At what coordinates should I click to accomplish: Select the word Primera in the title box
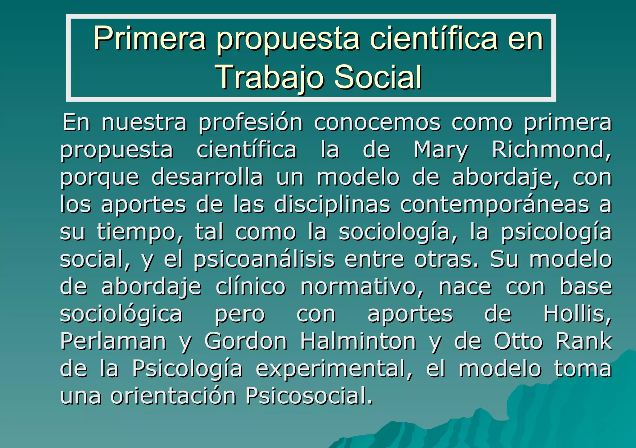coord(149,38)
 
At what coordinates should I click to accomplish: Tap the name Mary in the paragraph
coord(440,150)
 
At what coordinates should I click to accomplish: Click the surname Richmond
coord(552,150)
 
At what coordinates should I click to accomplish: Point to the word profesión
coord(251,123)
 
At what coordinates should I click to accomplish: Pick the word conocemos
coord(377,123)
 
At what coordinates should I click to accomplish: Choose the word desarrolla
coord(207,177)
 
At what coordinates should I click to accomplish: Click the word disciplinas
coord(332,205)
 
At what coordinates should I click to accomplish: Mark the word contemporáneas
coord(494,205)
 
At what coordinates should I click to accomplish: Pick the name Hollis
coord(577,314)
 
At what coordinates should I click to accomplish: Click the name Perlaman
coord(113,341)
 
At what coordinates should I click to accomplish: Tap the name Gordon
coord(246,341)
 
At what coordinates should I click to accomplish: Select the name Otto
coord(518,341)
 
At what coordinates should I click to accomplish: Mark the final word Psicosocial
coord(309,396)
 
